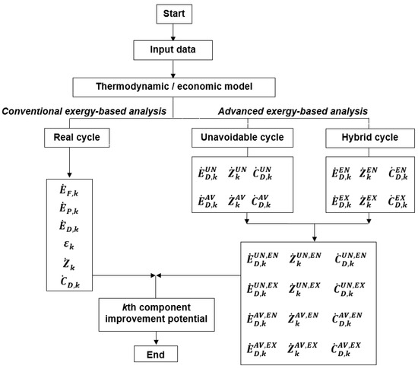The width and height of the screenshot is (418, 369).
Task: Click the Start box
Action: (x=176, y=14)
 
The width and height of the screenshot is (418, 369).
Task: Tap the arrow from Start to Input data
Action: (x=176, y=32)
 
